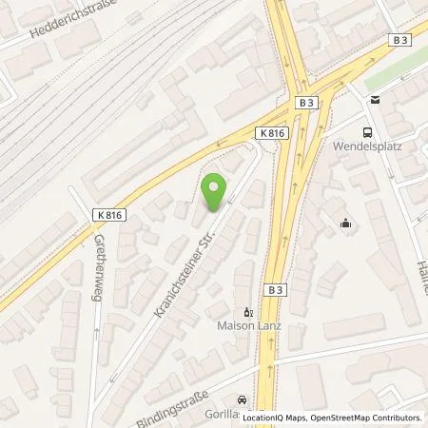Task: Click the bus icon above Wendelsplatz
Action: [366, 133]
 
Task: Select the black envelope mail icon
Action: [374, 100]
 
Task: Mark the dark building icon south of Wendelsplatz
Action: [346, 224]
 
